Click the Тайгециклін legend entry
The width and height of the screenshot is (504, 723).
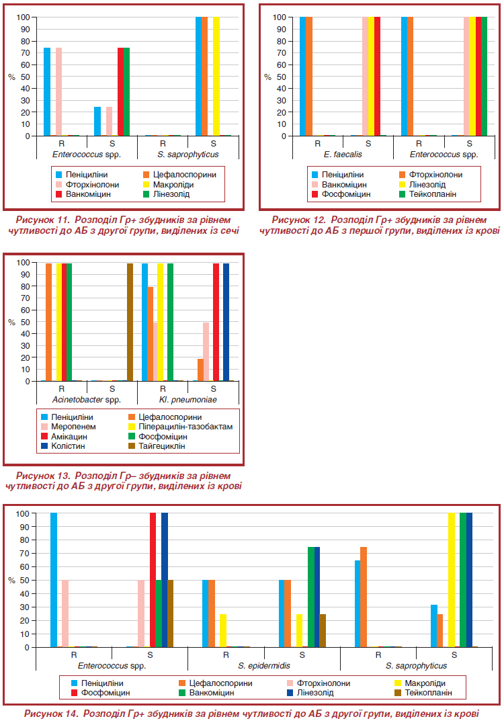pyautogui.click(x=157, y=446)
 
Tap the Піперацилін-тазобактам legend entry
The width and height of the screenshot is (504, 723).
pyautogui.click(x=180, y=427)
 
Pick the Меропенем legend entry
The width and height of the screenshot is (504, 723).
pyautogui.click(x=69, y=427)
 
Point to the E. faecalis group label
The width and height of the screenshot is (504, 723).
pyautogui.click(x=343, y=155)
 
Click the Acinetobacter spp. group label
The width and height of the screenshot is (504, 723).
pyautogui.click(x=87, y=400)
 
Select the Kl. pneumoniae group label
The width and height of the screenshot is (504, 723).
pyautogui.click(x=187, y=400)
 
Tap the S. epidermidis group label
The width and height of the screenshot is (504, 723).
pyautogui.click(x=264, y=666)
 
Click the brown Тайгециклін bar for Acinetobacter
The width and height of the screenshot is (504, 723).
pyautogui.click(x=130, y=323)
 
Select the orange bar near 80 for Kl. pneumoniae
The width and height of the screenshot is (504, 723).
pyautogui.click(x=150, y=335)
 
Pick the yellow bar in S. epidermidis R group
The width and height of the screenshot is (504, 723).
pyautogui.click(x=223, y=631)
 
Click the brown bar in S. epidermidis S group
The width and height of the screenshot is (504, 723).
pyautogui.click(x=323, y=631)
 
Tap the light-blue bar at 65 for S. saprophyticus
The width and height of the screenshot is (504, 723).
pyautogui.click(x=358, y=604)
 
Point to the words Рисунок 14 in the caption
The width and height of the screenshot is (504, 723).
pyautogui.click(x=50, y=714)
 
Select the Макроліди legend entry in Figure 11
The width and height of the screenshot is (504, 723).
pyautogui.click(x=168, y=184)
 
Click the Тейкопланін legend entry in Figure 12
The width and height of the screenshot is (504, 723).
pyautogui.click(x=427, y=194)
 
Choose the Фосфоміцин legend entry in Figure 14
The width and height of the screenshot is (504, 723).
pyautogui.click(x=101, y=693)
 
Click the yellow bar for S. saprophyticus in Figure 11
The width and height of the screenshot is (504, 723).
pyautogui.click(x=216, y=77)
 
